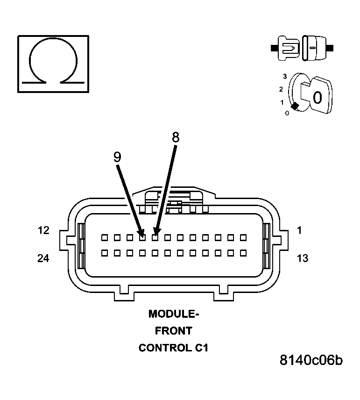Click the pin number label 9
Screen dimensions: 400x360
(117, 157)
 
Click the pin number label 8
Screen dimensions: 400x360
(176, 137)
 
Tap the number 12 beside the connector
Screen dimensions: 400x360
(43, 230)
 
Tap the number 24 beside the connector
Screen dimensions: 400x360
(43, 258)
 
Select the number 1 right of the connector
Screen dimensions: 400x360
(299, 230)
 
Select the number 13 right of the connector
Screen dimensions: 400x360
(303, 258)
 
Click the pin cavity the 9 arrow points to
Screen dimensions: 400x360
(142, 237)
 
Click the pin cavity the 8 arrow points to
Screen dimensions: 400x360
(155, 237)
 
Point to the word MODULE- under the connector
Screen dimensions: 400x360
(174, 314)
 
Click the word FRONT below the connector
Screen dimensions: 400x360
(174, 331)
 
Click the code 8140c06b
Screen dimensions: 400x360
(311, 360)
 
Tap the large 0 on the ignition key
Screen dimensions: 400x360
(317, 98)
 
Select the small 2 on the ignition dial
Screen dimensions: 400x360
(281, 89)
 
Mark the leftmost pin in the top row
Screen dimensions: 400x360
(105, 237)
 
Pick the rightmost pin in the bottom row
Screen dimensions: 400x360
(243, 253)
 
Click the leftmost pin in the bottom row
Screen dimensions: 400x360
(105, 253)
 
